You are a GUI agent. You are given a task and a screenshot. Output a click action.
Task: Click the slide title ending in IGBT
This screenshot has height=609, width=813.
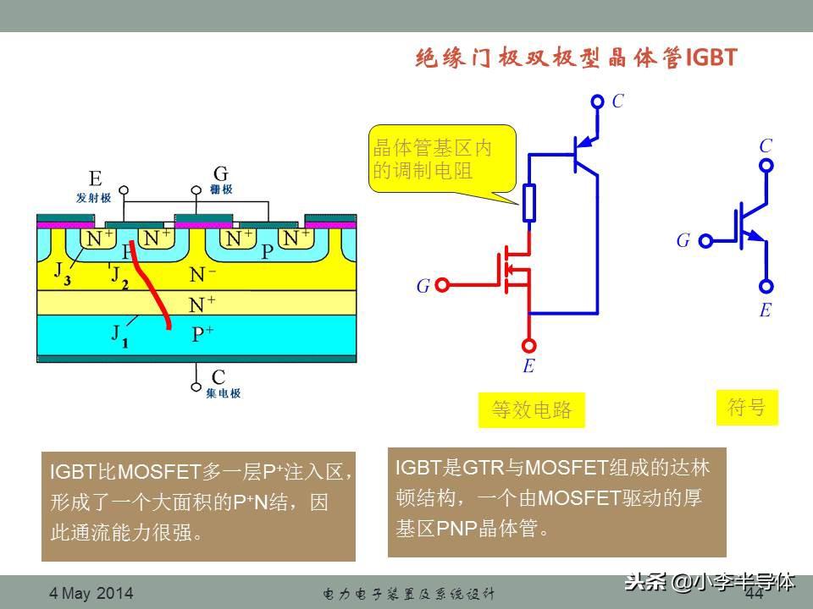click(x=577, y=58)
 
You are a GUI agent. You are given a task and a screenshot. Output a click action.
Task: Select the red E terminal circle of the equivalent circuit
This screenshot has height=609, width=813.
click(x=529, y=345)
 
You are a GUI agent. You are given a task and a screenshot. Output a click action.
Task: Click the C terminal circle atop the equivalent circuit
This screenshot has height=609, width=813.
click(x=596, y=101)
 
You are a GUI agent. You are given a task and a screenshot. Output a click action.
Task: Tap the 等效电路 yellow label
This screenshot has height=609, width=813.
click(x=532, y=410)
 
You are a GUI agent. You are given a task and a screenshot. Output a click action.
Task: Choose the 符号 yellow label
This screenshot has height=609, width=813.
click(x=746, y=407)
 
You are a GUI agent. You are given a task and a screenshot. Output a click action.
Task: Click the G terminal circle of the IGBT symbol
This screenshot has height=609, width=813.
click(x=705, y=241)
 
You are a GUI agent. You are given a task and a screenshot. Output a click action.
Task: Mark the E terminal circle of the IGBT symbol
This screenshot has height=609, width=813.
click(x=766, y=287)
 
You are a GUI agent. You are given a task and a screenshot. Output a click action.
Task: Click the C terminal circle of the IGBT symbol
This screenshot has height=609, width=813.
click(x=766, y=166)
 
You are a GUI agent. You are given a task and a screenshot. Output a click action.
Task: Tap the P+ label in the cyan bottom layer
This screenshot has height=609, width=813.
click(x=202, y=334)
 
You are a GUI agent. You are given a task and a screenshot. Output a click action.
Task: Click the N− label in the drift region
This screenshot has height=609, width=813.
click(x=202, y=274)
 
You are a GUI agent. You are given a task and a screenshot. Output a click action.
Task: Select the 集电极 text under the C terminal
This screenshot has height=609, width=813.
click(x=223, y=394)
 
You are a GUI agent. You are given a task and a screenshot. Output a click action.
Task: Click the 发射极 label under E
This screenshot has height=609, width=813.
click(x=93, y=197)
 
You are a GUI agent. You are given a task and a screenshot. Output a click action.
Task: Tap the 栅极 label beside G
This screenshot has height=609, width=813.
click(x=221, y=190)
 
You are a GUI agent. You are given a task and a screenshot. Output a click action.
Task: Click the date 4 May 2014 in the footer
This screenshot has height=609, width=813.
click(x=91, y=594)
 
